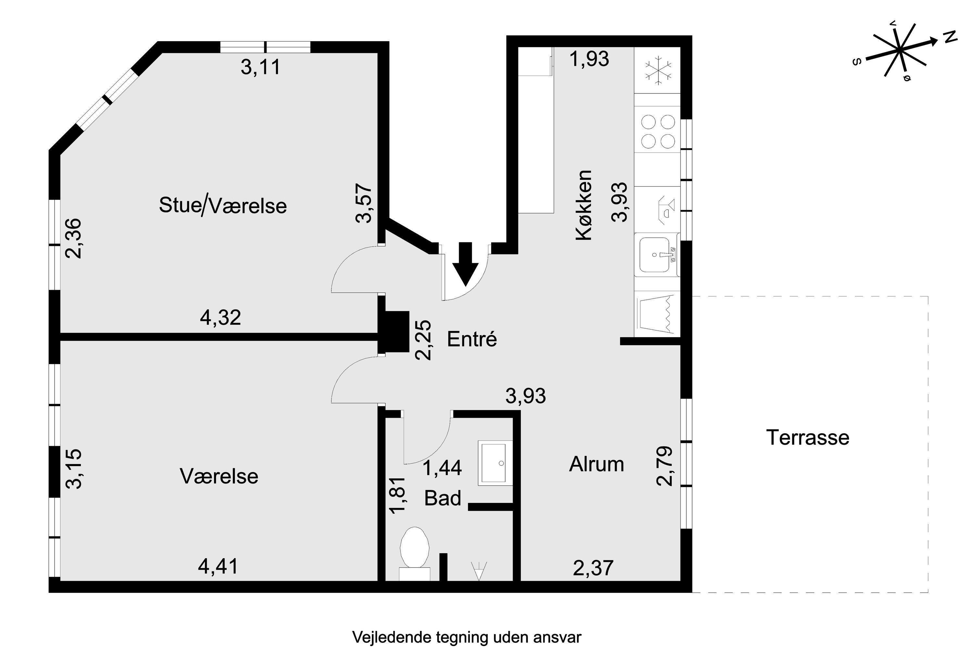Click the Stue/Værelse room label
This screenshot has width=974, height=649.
click(223, 206)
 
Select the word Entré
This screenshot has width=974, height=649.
click(472, 339)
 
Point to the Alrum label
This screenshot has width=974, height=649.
click(596, 464)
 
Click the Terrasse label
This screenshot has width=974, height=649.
click(807, 437)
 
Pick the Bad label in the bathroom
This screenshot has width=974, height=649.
click(442, 498)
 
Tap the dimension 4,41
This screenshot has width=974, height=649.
click(218, 567)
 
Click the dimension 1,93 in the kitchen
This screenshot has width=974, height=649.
click(589, 59)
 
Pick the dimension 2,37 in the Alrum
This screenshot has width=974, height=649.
click(593, 568)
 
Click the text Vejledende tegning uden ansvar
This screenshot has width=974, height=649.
click(467, 637)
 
